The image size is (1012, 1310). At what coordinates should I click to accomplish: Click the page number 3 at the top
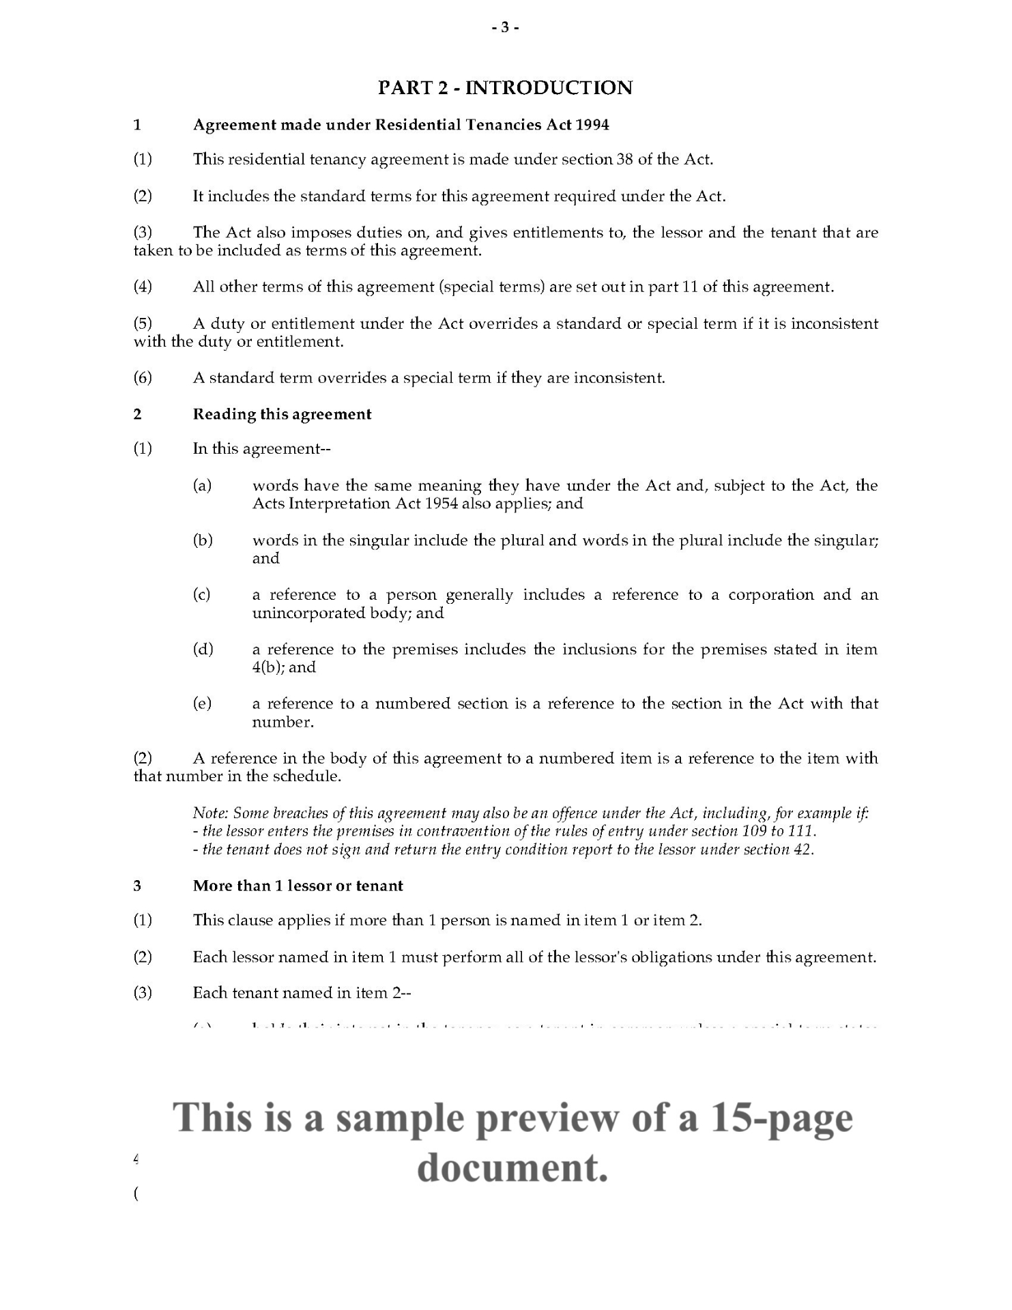pos(505,28)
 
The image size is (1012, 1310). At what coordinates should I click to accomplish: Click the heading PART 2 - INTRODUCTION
pos(505,88)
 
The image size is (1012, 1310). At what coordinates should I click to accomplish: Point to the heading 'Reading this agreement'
pos(282,415)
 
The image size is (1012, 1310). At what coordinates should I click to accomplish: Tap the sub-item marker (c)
pos(202,595)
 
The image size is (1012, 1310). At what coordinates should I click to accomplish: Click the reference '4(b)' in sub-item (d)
pos(267,668)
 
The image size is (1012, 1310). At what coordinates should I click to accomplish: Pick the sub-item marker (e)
pos(202,704)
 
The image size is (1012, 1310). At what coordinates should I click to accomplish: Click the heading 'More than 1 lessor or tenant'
pos(298,886)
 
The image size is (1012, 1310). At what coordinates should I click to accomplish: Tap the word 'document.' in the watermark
pos(512,1168)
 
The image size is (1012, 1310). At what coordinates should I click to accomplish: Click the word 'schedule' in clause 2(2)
pos(304,777)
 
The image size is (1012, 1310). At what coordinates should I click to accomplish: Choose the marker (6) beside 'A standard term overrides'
pos(143,378)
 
